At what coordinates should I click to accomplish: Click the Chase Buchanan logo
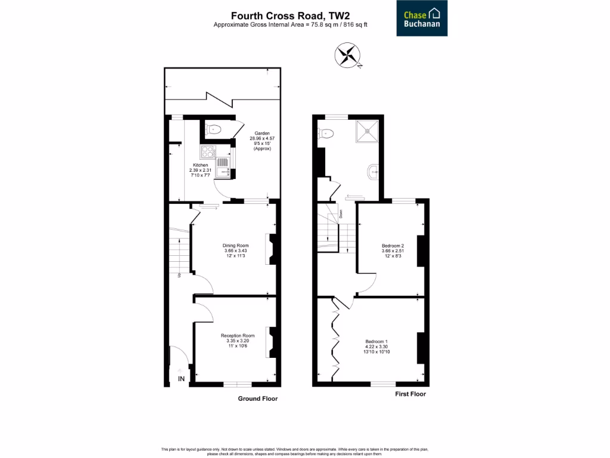tap(422, 18)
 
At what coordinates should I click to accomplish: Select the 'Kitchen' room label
tap(200, 165)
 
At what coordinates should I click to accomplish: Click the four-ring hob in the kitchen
tap(207, 151)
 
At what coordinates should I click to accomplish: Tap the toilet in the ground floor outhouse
tap(213, 128)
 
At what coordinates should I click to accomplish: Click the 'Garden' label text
tap(262, 134)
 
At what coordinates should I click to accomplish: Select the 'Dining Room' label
tap(235, 246)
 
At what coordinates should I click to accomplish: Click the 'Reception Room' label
tap(237, 336)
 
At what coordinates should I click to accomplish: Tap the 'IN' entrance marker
tap(181, 379)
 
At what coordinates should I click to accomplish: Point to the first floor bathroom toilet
tap(326, 134)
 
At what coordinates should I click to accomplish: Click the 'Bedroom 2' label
tap(393, 246)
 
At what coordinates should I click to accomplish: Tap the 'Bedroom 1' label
tap(376, 342)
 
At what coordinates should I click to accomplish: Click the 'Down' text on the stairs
tap(341, 212)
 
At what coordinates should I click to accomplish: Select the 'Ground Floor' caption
tap(257, 398)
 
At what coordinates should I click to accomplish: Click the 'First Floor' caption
tap(410, 394)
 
